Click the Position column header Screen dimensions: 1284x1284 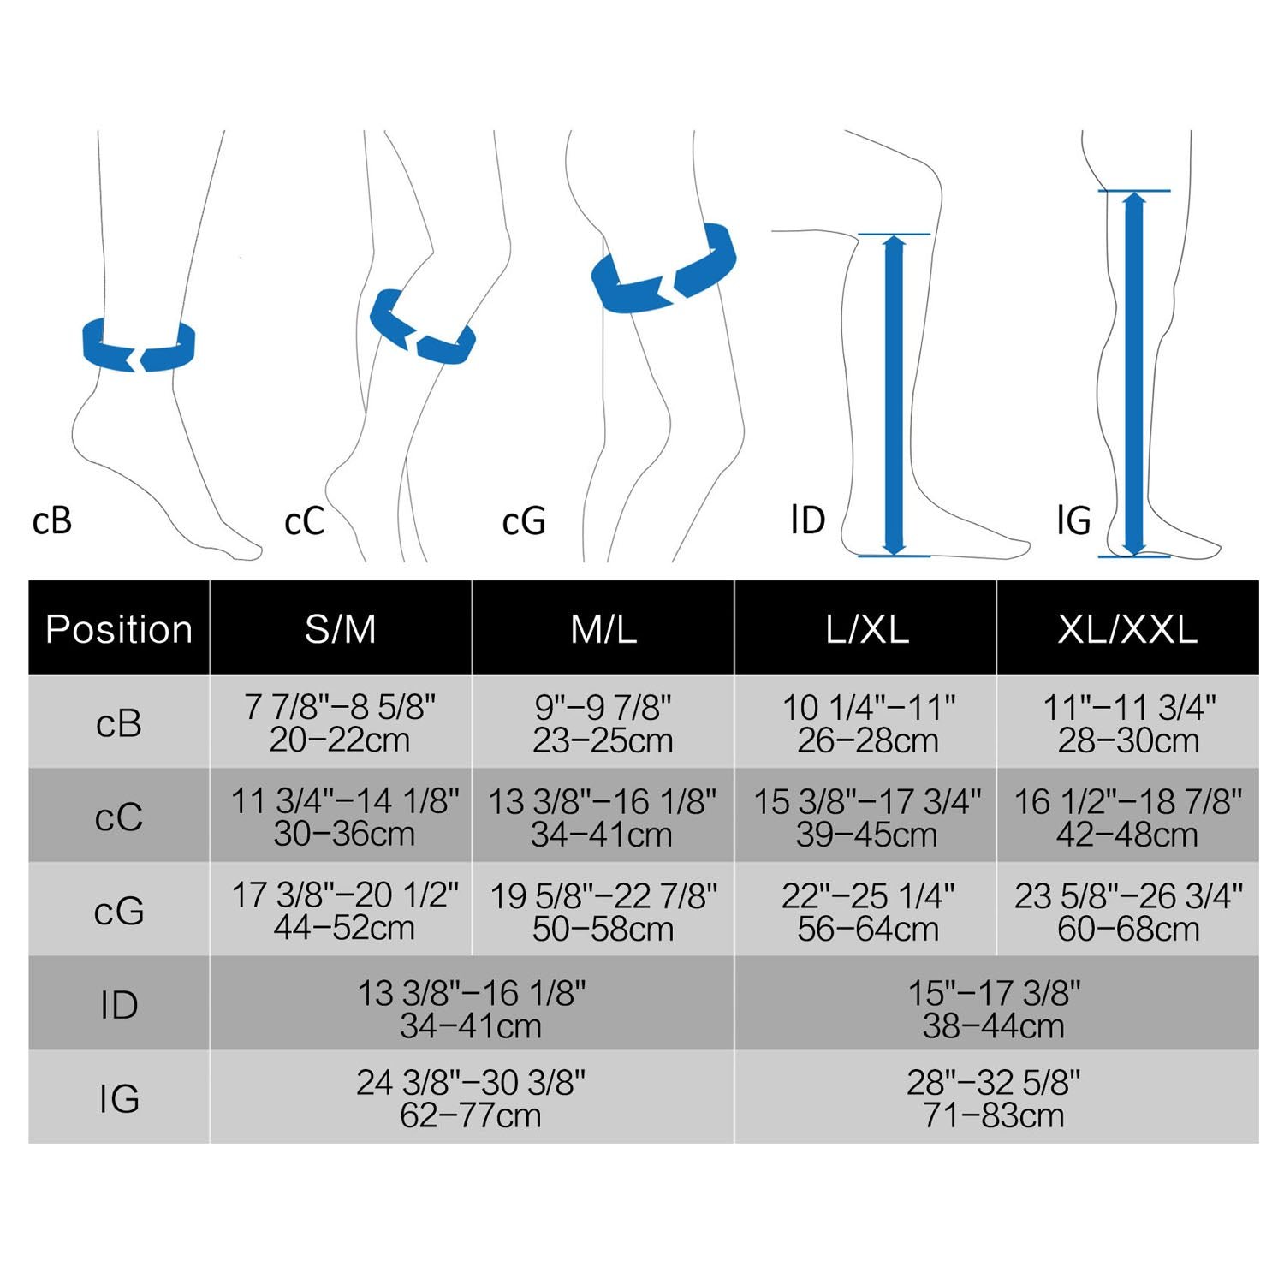[119, 629]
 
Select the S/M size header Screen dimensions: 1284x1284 [341, 629]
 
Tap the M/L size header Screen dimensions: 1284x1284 [603, 629]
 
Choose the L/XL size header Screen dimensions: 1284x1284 [866, 629]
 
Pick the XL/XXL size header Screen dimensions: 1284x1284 [1127, 629]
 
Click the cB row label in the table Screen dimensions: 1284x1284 [119, 723]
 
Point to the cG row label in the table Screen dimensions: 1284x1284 [119, 911]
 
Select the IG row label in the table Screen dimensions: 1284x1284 [119, 1098]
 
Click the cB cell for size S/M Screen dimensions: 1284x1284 [341, 723]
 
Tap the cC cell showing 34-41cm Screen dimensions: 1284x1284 [602, 817]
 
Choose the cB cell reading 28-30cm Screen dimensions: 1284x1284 [1128, 723]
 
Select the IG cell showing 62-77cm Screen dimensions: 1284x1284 [471, 1098]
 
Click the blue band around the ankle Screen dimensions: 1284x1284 [139, 344]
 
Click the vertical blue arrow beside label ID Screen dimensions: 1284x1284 [894, 395]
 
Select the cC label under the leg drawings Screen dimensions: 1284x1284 [304, 521]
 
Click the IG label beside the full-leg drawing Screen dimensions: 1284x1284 [1074, 520]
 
